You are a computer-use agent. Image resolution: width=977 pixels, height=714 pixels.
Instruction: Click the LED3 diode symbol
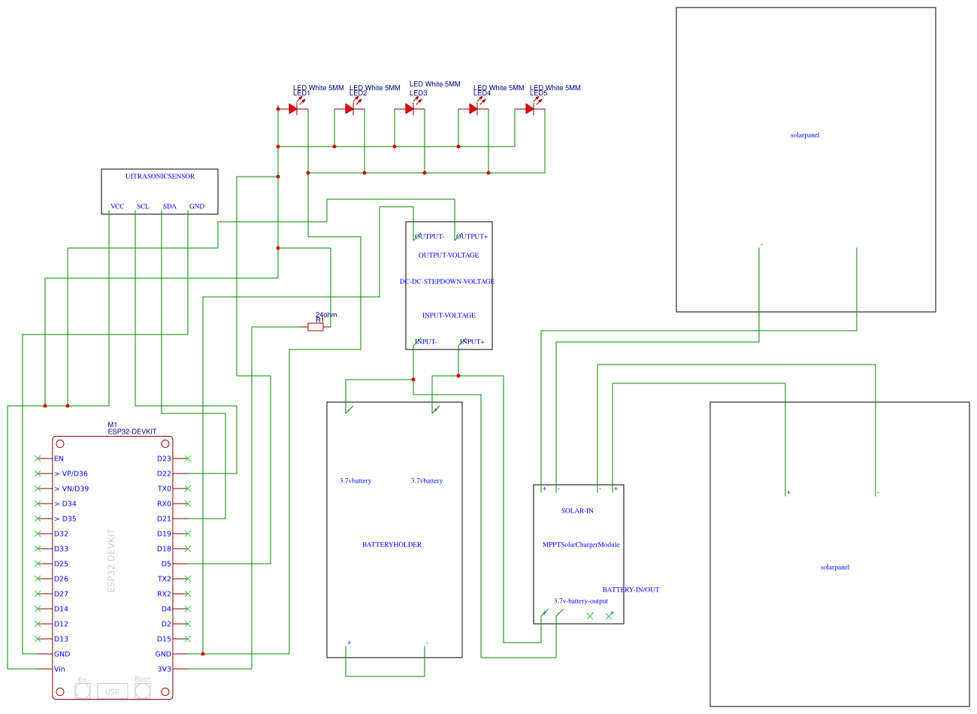410,109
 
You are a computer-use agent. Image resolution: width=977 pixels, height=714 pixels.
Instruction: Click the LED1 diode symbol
293,109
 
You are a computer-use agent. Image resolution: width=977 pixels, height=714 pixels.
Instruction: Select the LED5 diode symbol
530,109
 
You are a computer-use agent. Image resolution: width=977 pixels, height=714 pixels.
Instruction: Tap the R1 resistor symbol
316,327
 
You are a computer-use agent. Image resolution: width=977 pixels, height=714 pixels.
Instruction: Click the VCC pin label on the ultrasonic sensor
117,207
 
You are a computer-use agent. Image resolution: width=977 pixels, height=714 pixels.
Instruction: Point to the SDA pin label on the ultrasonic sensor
170,207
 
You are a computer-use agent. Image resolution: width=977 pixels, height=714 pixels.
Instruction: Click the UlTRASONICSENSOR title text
160,177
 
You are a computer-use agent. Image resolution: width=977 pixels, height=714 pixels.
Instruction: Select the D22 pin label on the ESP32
164,473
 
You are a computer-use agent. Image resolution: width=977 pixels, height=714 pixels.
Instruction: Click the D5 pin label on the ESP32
166,564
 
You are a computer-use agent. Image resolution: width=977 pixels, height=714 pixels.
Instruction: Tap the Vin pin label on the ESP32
59,669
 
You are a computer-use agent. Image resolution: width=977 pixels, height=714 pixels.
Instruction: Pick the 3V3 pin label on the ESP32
164,669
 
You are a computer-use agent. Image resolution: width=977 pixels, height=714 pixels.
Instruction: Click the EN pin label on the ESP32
59,458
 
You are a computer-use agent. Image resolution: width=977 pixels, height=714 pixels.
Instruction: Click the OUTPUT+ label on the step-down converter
473,237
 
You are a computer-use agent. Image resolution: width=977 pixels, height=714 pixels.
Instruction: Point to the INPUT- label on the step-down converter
426,342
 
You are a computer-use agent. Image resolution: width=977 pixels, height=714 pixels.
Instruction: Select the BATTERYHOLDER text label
392,545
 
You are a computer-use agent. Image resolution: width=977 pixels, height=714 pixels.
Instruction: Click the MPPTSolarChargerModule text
581,545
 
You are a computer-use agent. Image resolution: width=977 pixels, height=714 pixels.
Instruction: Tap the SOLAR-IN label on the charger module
577,511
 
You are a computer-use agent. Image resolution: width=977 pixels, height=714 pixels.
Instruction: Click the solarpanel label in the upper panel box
805,135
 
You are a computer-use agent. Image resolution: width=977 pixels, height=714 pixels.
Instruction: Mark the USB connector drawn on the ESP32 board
112,691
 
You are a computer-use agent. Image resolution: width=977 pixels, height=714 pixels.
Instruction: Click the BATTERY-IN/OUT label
631,590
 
